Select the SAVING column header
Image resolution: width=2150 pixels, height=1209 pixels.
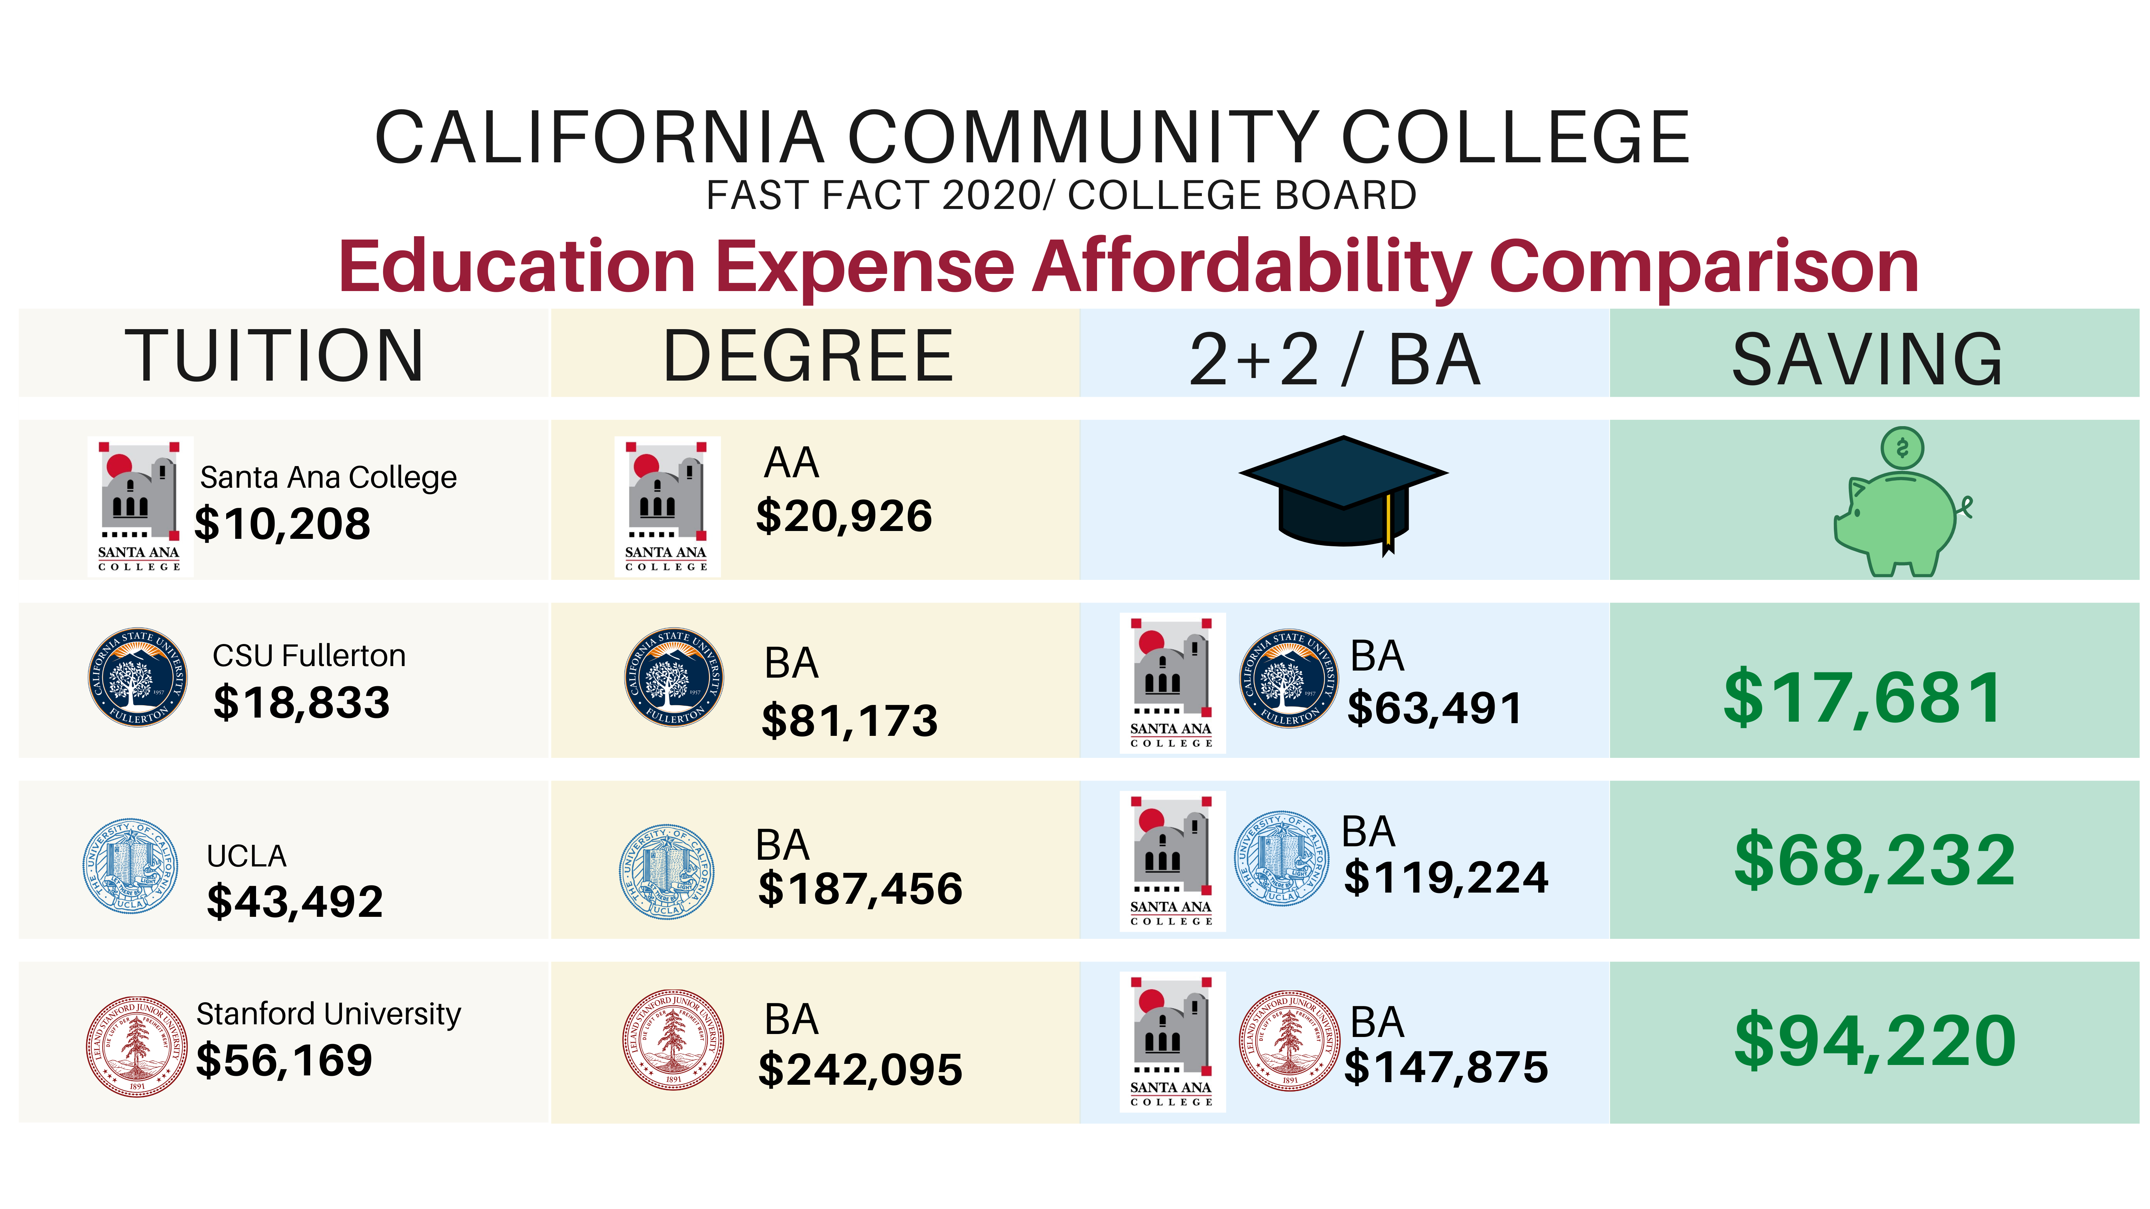(1867, 359)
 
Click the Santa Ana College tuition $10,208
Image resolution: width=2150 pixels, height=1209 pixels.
(282, 524)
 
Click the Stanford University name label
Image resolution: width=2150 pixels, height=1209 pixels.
(328, 1014)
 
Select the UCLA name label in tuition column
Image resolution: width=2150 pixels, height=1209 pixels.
(246, 856)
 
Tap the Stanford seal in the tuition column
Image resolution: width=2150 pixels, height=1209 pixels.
(137, 1046)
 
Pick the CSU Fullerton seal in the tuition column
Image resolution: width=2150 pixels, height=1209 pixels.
(138, 677)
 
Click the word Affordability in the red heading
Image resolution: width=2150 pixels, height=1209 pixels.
(1252, 267)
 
